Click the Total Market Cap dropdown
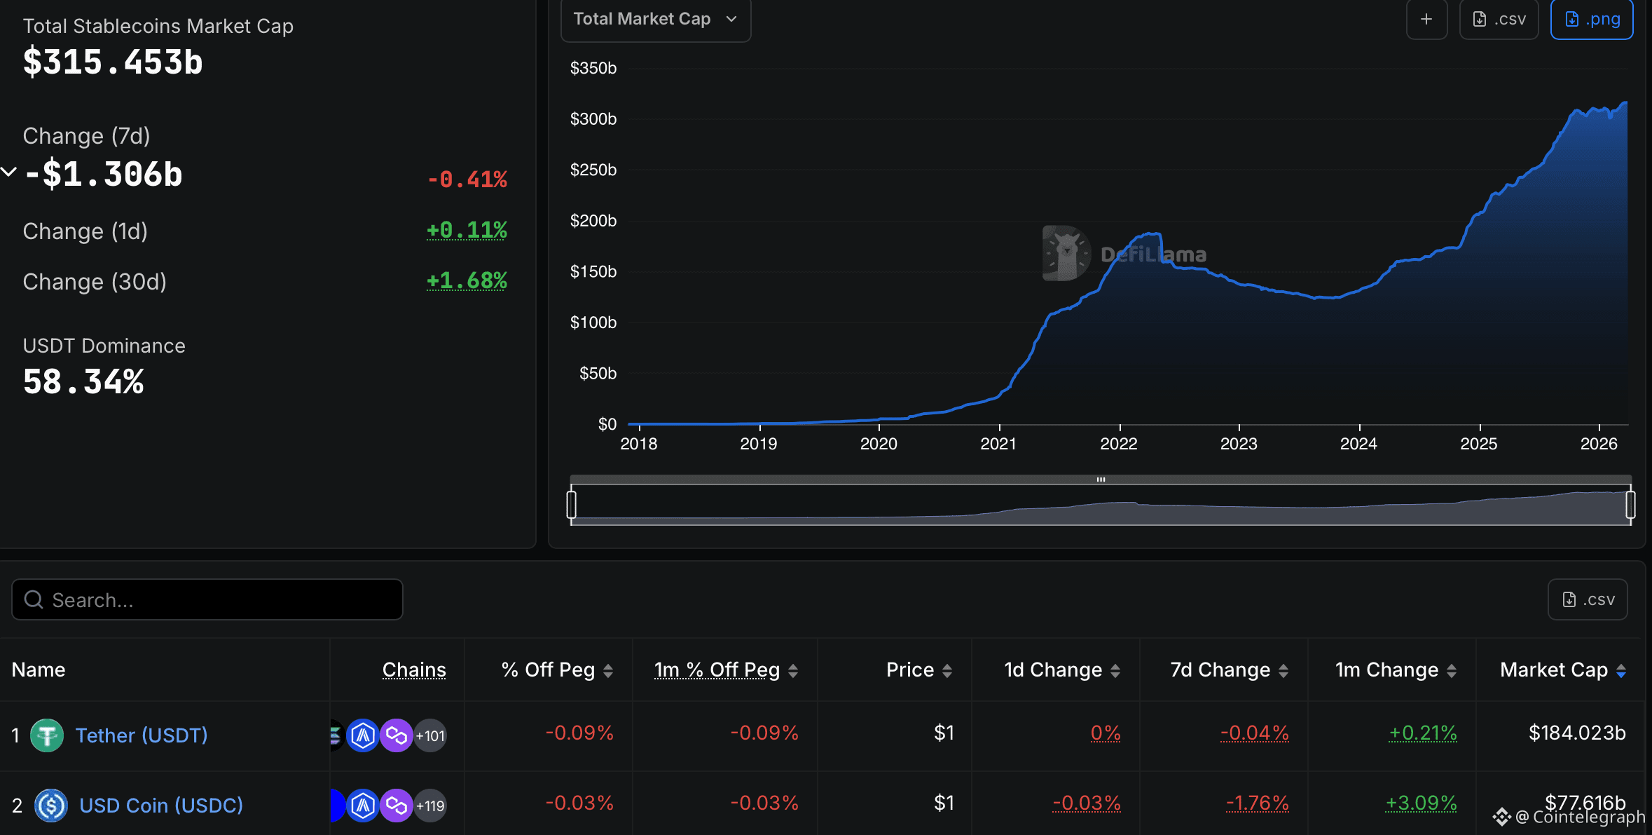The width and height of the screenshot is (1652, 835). [x=655, y=20]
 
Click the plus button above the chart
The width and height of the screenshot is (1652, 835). [x=1426, y=20]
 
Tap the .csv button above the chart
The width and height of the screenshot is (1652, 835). [x=1499, y=20]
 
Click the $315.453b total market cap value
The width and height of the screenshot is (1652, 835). [x=113, y=62]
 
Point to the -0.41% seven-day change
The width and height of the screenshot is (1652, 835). [x=467, y=179]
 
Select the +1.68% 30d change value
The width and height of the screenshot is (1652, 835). [x=467, y=281]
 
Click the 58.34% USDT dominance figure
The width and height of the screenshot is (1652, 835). [x=83, y=383]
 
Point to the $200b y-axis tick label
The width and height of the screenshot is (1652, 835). [x=593, y=221]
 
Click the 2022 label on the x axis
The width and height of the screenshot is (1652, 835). [x=1118, y=444]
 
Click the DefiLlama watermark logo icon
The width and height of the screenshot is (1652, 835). [x=1066, y=253]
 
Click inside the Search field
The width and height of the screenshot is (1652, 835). [x=207, y=600]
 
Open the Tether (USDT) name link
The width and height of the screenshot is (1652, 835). [x=142, y=735]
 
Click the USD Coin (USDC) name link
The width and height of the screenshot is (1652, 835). [x=161, y=806]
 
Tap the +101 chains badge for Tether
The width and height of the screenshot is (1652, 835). [x=430, y=736]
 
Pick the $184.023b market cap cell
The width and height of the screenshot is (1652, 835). [x=1576, y=733]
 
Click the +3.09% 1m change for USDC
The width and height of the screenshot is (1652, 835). [x=1421, y=803]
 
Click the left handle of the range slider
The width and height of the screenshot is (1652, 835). [x=572, y=505]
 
